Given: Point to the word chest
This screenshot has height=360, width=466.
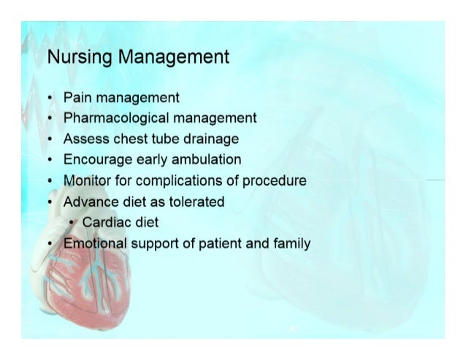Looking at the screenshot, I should click(x=131, y=138).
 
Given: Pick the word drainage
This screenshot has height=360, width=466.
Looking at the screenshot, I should click(x=210, y=138).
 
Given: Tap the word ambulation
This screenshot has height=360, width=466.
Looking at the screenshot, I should click(x=207, y=159).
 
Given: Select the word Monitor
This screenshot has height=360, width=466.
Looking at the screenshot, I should click(x=87, y=180).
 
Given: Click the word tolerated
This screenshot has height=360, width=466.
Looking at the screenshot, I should click(x=196, y=202).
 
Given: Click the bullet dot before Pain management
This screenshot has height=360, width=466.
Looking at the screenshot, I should click(x=48, y=97).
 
